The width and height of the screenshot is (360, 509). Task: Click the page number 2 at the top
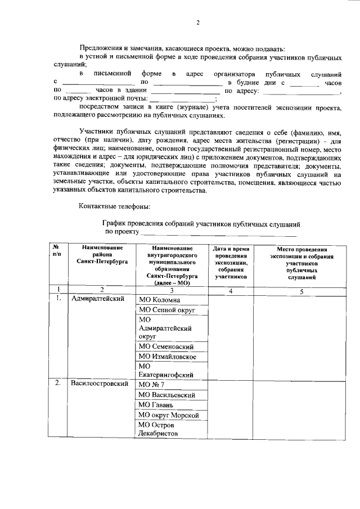pyautogui.click(x=198, y=22)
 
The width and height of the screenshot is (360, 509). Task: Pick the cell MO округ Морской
pyautogui.click(x=169, y=416)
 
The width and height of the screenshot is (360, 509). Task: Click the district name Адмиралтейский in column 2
pyautogui.click(x=97, y=299)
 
